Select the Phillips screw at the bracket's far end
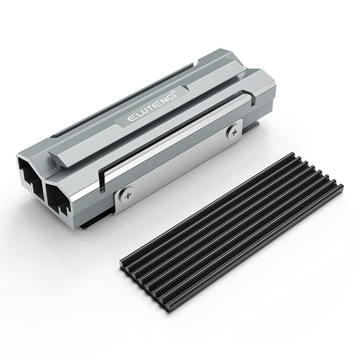(x=235, y=131)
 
